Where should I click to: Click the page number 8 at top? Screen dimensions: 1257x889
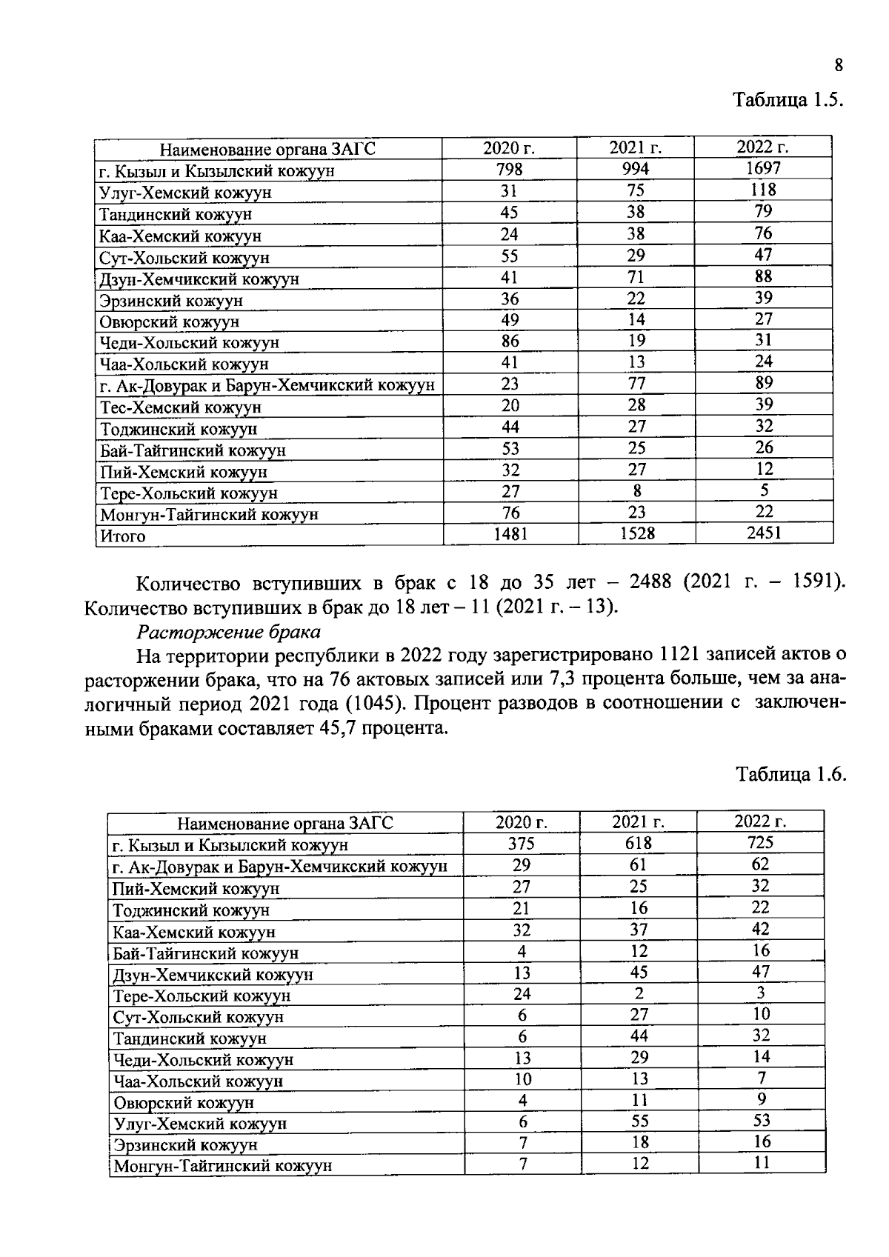(x=839, y=66)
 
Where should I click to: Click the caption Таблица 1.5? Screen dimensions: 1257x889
(x=788, y=100)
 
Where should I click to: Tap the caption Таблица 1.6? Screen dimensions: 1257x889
(x=790, y=774)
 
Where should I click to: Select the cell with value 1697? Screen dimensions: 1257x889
(x=763, y=168)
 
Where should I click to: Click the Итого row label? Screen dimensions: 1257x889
(x=124, y=536)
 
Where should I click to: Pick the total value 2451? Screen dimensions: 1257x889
(x=763, y=532)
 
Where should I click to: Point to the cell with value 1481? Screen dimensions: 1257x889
(x=510, y=533)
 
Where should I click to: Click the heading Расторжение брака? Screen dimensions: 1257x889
(x=229, y=632)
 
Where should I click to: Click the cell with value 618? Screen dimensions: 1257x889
(x=639, y=843)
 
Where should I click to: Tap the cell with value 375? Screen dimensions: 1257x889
(x=522, y=844)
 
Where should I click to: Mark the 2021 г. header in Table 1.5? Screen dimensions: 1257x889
(x=636, y=147)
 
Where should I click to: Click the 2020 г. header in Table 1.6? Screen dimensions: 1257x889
(x=522, y=822)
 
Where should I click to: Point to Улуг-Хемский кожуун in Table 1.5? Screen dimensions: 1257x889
(x=185, y=193)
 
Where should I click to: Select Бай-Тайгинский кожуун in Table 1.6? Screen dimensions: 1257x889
(x=205, y=953)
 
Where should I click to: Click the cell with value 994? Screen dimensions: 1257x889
(x=636, y=169)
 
